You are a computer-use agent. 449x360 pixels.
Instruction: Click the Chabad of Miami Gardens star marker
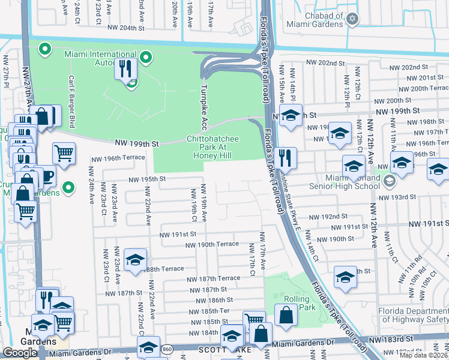(x=352, y=20)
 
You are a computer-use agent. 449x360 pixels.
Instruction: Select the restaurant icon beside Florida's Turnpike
(x=286, y=157)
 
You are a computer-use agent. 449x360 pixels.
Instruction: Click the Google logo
(x=20, y=352)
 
